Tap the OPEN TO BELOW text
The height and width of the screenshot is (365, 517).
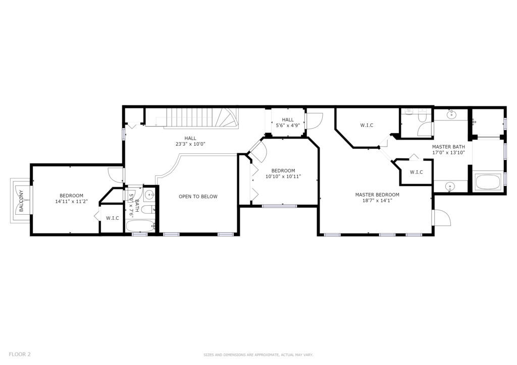pyautogui.click(x=198, y=197)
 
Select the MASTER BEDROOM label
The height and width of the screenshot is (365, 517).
pyautogui.click(x=377, y=195)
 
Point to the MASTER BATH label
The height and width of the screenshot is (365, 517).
pyautogui.click(x=448, y=147)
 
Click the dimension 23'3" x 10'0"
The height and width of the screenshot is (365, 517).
pyautogui.click(x=190, y=144)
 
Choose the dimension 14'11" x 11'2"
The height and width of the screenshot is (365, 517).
pyautogui.click(x=71, y=202)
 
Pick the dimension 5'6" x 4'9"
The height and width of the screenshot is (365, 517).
pyautogui.click(x=288, y=126)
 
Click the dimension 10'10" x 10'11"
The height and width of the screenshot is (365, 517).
pyautogui.click(x=283, y=176)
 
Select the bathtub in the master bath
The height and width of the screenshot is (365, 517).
pyautogui.click(x=488, y=182)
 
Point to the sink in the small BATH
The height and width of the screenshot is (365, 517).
pyautogui.click(x=149, y=195)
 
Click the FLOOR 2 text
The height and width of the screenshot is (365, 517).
pyautogui.click(x=20, y=354)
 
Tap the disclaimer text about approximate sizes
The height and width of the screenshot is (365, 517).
pyautogui.click(x=258, y=355)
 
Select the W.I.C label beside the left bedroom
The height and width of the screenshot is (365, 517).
pyautogui.click(x=113, y=218)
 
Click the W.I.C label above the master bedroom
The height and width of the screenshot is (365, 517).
pyautogui.click(x=367, y=126)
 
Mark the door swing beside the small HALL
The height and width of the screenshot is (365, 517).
pyautogui.click(x=314, y=121)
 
